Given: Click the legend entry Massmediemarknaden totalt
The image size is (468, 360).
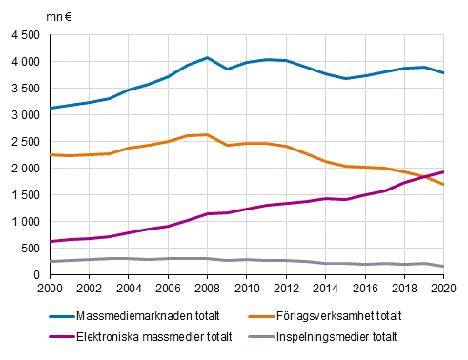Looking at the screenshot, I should pyautogui.click(x=148, y=314).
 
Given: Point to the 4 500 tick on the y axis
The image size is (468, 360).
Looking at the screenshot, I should pyautogui.click(x=24, y=35).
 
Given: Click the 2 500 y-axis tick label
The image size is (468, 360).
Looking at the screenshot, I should pyautogui.click(x=24, y=142).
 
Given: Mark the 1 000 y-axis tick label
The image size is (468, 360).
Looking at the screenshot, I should pyautogui.click(x=24, y=222).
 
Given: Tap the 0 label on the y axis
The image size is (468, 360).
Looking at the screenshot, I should pyautogui.click(x=35, y=275).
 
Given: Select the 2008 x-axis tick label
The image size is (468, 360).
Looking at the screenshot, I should pyautogui.click(x=207, y=288).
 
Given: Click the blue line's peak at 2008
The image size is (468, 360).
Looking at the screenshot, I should pyautogui.click(x=207, y=57).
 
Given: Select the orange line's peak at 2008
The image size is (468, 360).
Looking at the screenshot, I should pyautogui.click(x=207, y=134).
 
